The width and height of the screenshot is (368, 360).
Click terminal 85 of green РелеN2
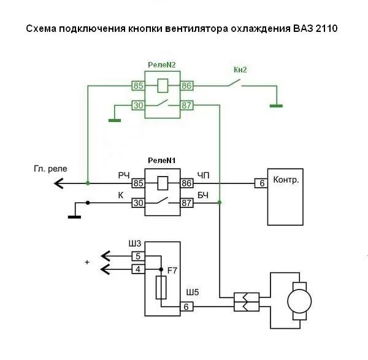(138, 85)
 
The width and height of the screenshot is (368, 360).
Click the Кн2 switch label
(240, 69)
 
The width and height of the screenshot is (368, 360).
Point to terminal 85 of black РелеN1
(138, 182)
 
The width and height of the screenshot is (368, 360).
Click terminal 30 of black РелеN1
(138, 204)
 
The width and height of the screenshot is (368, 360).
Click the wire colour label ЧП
(202, 175)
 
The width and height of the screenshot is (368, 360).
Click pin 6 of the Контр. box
(261, 182)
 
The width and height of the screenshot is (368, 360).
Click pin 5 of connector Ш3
(138, 256)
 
